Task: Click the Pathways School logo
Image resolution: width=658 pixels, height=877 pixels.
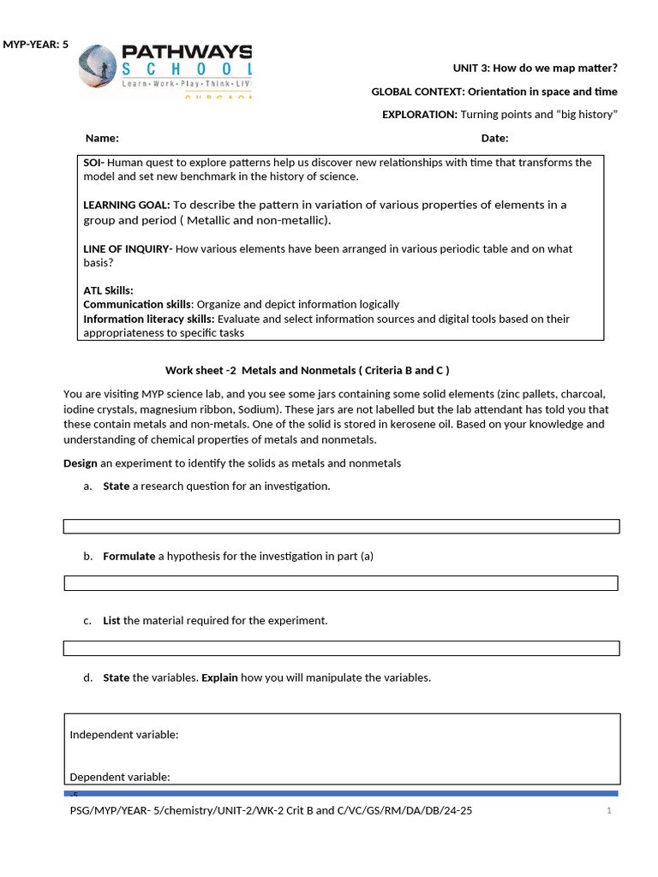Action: (x=166, y=69)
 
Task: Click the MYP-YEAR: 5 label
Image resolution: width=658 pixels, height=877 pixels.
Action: (x=35, y=45)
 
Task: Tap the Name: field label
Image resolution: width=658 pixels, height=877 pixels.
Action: (x=102, y=138)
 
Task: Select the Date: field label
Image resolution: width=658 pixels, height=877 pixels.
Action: (x=494, y=138)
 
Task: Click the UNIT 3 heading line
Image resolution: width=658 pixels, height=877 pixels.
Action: (x=535, y=68)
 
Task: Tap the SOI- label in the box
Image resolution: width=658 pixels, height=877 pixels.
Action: (x=93, y=163)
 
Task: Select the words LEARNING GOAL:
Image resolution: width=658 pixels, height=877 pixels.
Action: (x=126, y=205)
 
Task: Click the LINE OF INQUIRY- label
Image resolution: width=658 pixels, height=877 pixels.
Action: (x=128, y=249)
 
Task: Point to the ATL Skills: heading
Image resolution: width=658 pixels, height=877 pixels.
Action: (x=108, y=290)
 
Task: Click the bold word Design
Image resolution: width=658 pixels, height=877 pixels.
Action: (x=81, y=463)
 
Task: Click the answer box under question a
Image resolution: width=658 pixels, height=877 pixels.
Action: (x=341, y=526)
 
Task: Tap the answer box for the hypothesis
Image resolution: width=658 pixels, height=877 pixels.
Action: (x=341, y=583)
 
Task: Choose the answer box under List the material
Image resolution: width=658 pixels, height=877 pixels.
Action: (x=341, y=648)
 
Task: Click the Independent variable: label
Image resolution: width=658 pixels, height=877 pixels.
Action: (x=123, y=734)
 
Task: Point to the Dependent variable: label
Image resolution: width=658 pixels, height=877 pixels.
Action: (x=120, y=777)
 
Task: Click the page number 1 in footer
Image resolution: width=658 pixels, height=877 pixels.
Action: (x=608, y=810)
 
